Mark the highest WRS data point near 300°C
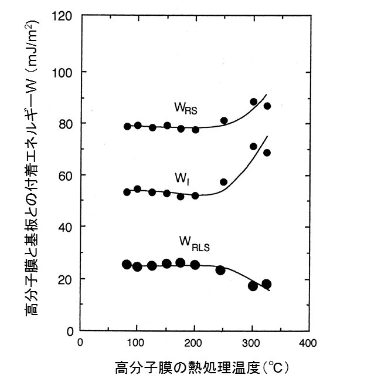(x=254, y=102)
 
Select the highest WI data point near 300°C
(x=253, y=146)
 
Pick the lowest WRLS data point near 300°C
(x=253, y=286)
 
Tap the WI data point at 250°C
(x=223, y=182)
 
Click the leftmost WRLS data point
(x=127, y=264)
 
